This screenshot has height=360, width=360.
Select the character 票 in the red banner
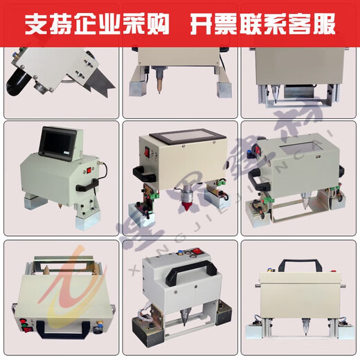click(221, 24)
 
